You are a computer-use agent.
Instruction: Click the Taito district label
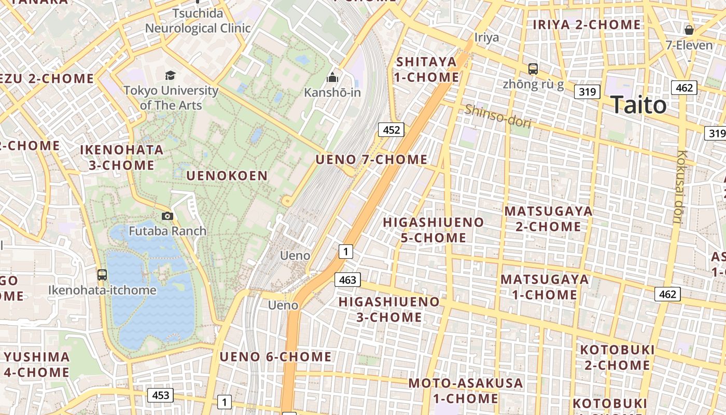click(x=638, y=105)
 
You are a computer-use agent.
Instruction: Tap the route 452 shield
click(x=391, y=130)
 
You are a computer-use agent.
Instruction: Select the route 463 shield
click(x=347, y=280)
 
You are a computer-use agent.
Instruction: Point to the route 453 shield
click(x=160, y=395)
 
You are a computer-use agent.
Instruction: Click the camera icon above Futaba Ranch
click(x=167, y=216)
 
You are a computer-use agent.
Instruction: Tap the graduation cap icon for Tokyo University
click(x=171, y=76)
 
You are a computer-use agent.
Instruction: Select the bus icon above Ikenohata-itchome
click(x=102, y=275)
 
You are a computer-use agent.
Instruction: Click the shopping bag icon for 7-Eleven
click(x=689, y=30)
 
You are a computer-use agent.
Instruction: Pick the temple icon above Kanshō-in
click(x=332, y=78)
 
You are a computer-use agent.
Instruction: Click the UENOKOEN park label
click(x=227, y=176)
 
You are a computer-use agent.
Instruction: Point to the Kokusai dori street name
click(x=679, y=187)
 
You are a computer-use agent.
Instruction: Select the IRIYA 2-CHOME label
click(x=587, y=24)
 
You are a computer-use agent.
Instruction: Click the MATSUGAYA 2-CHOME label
click(x=549, y=219)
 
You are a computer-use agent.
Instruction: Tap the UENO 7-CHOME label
click(x=371, y=159)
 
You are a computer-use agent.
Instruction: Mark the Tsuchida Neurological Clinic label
click(x=198, y=21)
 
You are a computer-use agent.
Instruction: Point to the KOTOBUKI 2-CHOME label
click(x=617, y=357)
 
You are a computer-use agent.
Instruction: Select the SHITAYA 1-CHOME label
click(x=427, y=70)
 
